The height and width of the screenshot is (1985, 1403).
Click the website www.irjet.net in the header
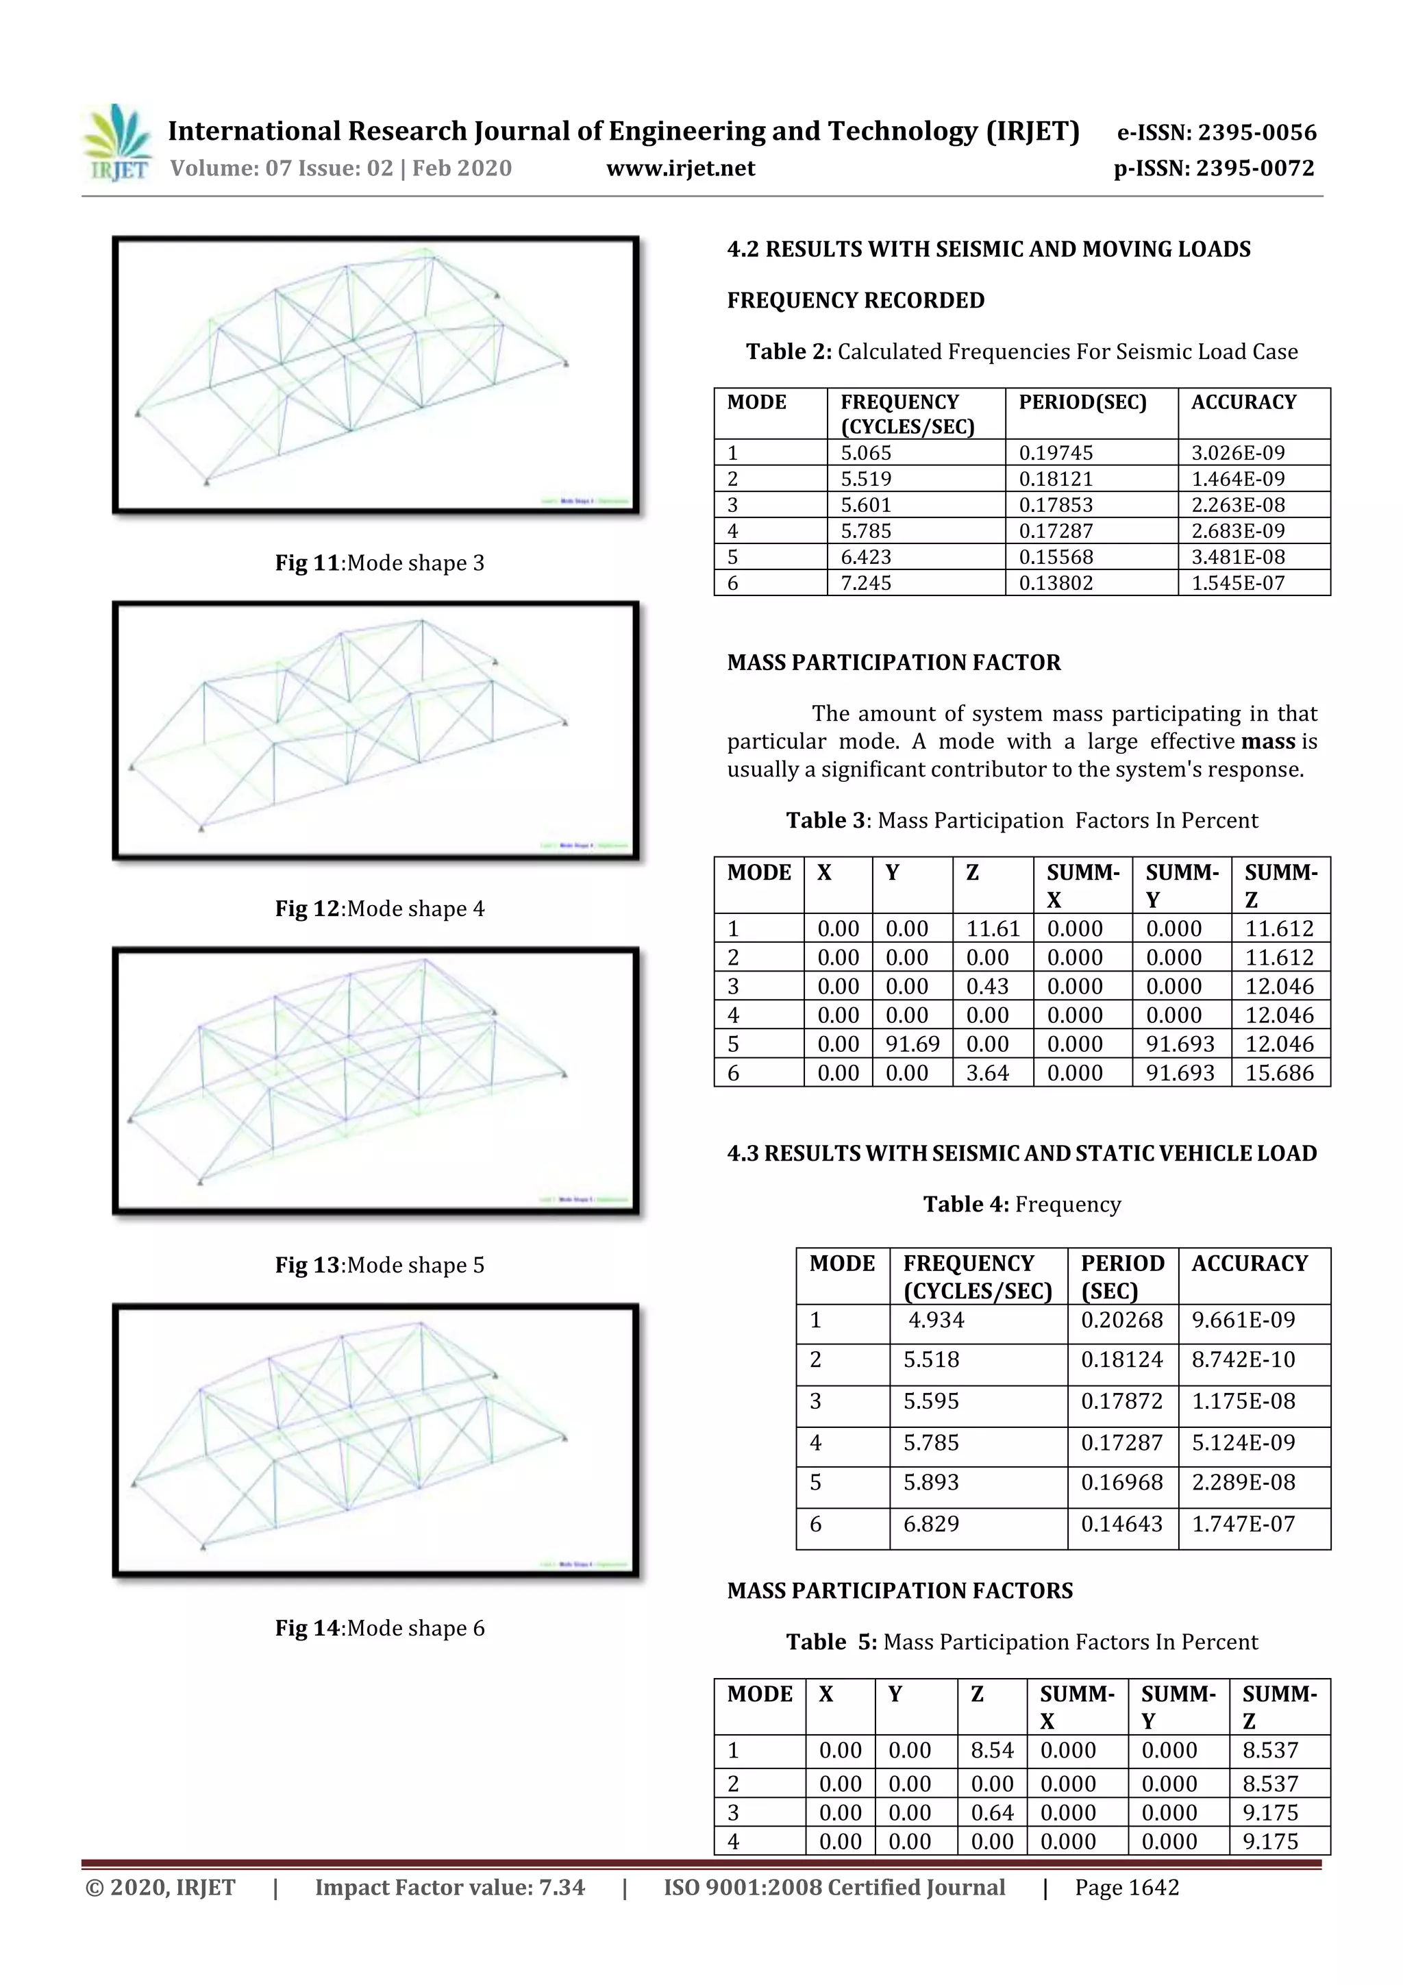point(680,169)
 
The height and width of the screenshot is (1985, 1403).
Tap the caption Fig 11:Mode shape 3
point(380,563)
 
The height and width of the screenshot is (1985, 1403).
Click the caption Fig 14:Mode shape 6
point(380,1628)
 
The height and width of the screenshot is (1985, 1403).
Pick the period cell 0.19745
point(1056,453)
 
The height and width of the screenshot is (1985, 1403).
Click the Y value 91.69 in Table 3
point(912,1044)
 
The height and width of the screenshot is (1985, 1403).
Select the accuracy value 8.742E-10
point(1243,1360)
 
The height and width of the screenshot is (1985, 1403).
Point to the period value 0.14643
point(1121,1524)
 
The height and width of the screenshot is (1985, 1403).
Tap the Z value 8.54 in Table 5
point(991,1750)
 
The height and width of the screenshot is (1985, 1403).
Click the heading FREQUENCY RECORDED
point(855,300)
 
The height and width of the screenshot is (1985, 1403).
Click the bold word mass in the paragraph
point(1267,742)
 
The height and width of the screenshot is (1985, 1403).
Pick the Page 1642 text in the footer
point(1126,1887)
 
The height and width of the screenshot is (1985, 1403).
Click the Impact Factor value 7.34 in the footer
point(449,1887)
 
